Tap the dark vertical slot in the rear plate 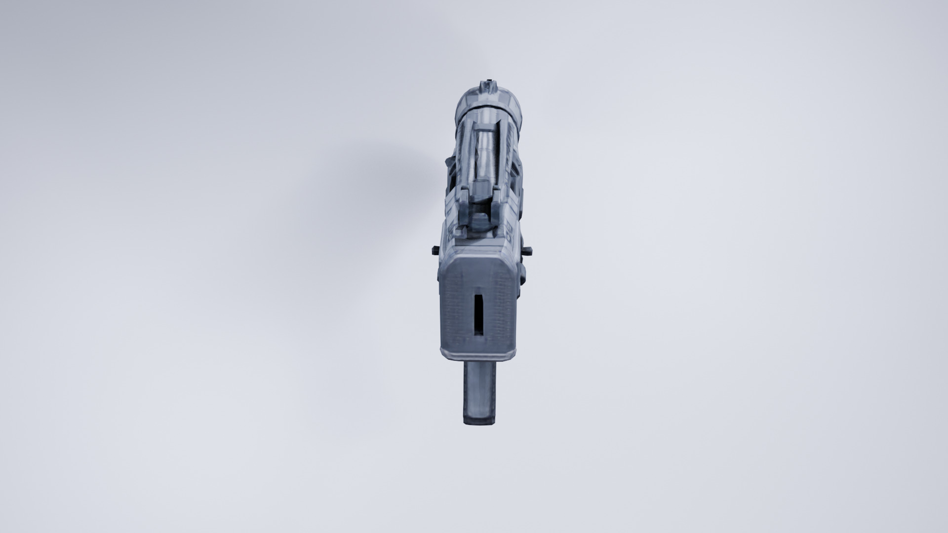pos(478,314)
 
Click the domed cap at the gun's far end pos(489,101)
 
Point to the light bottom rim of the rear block pos(478,353)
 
